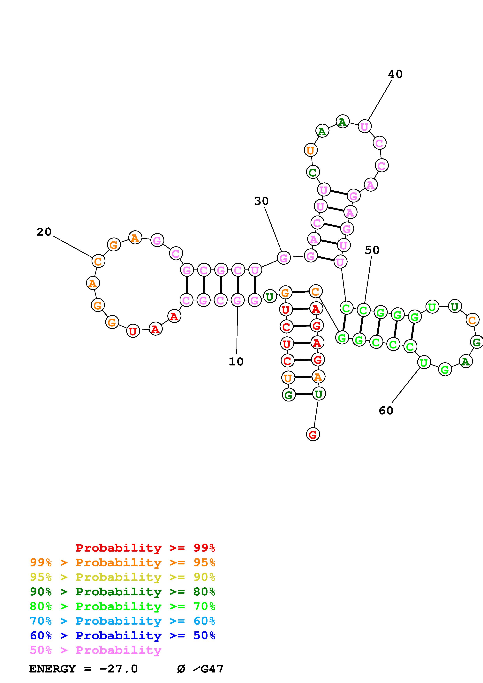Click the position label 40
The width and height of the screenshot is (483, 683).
pos(395,74)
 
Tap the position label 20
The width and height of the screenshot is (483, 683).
pos(44,232)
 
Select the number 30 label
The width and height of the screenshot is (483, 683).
pos(261,201)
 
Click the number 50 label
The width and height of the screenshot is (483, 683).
pos(372,250)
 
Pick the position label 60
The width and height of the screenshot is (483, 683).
pos(386,410)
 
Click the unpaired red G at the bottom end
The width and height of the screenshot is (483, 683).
pos(313,435)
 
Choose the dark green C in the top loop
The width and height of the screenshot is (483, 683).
pos(313,172)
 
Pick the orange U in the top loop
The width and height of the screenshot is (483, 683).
pos(310,150)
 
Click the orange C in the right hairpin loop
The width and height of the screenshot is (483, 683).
pos(472,320)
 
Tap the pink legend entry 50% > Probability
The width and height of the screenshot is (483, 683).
pos(95,650)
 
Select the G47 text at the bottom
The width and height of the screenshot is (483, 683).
pos(212,669)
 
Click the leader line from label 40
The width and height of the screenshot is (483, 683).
pos(380,100)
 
